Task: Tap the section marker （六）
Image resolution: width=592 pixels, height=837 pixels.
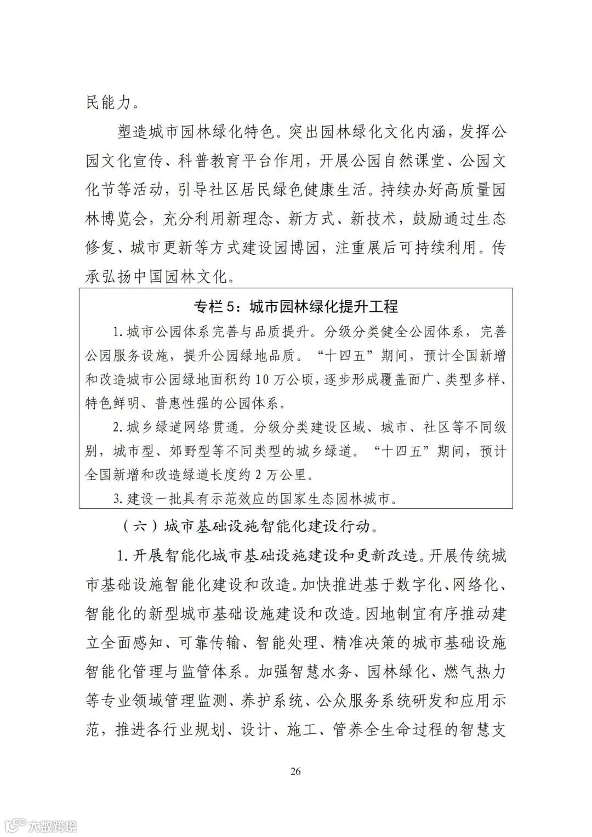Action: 133,527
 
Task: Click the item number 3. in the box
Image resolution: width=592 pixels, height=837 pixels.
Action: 118,498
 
